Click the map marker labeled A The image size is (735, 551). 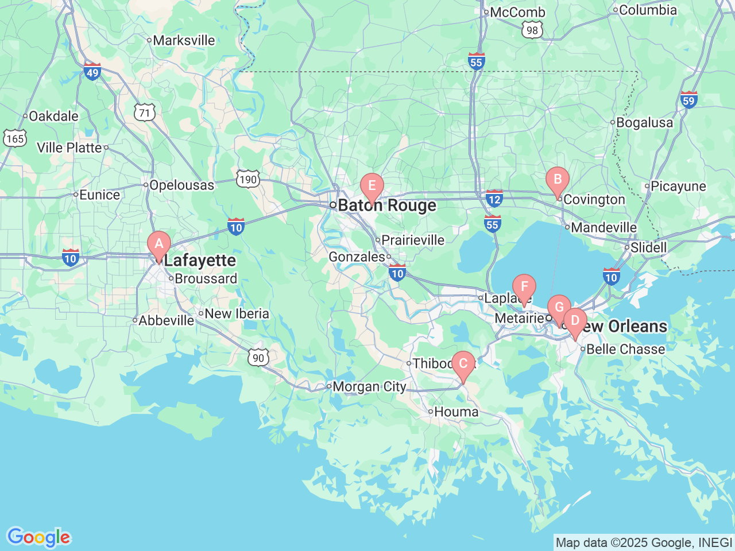(x=159, y=244)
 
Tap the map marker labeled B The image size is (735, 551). (x=557, y=180)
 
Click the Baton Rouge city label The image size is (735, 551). (x=387, y=205)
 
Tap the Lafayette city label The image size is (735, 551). (x=200, y=261)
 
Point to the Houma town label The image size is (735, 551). (x=456, y=412)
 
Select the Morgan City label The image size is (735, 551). (x=369, y=387)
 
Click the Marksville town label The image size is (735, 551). (x=184, y=41)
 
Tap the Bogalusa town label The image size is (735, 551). (x=644, y=123)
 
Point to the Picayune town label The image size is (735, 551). (x=678, y=187)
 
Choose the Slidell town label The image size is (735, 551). (x=648, y=248)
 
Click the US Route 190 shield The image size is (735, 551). (x=248, y=180)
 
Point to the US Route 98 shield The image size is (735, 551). (x=532, y=31)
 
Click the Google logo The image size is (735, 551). (x=38, y=538)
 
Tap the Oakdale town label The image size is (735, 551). (x=53, y=117)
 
